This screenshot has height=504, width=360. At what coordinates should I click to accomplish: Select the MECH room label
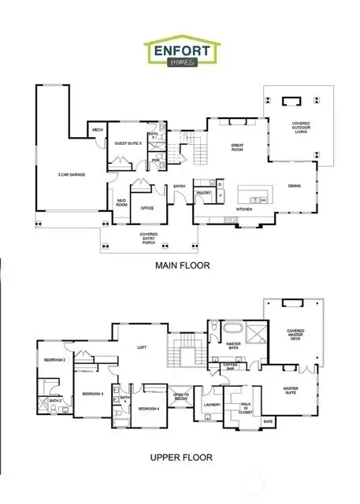click(x=98, y=131)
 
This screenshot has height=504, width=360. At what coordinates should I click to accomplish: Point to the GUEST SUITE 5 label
click(x=127, y=143)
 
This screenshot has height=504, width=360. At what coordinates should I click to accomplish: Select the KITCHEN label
click(x=243, y=209)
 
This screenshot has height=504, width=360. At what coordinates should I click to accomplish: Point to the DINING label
click(x=293, y=186)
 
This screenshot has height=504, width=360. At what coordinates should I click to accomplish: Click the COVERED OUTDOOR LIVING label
click(x=301, y=127)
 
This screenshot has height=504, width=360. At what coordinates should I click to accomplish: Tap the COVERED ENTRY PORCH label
click(x=148, y=237)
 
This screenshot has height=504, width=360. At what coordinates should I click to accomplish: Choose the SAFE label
click(x=268, y=422)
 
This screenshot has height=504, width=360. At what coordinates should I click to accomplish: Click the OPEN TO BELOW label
click(x=180, y=397)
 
